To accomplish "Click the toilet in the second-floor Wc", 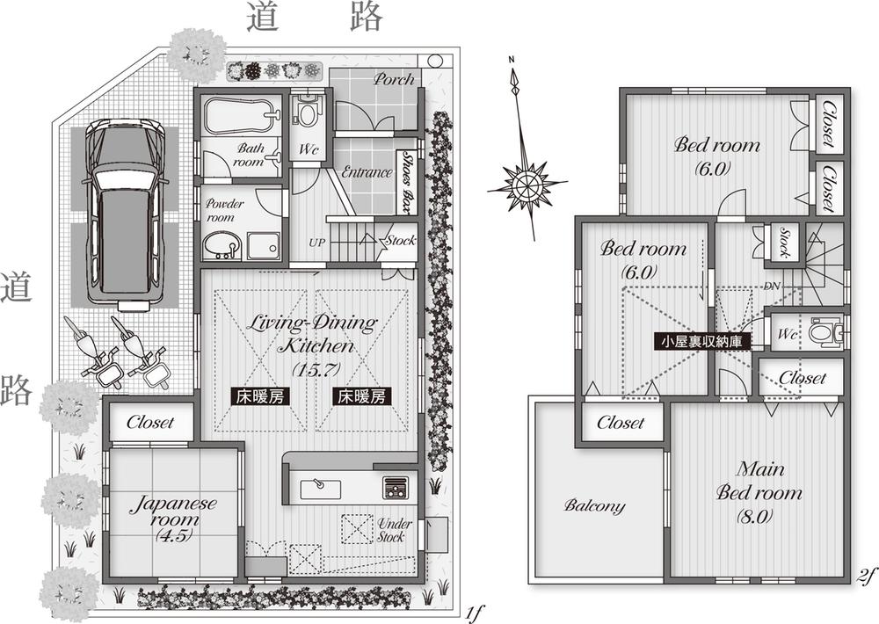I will [x=824, y=333].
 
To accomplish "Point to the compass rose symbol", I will [x=525, y=187].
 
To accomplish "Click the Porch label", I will [x=393, y=79].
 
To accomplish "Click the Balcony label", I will [x=595, y=506].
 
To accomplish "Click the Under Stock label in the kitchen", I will [x=392, y=530].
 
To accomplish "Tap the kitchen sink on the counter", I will [x=316, y=487].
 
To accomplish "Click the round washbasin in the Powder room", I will [x=219, y=245].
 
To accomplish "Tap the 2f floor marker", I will [x=865, y=576].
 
